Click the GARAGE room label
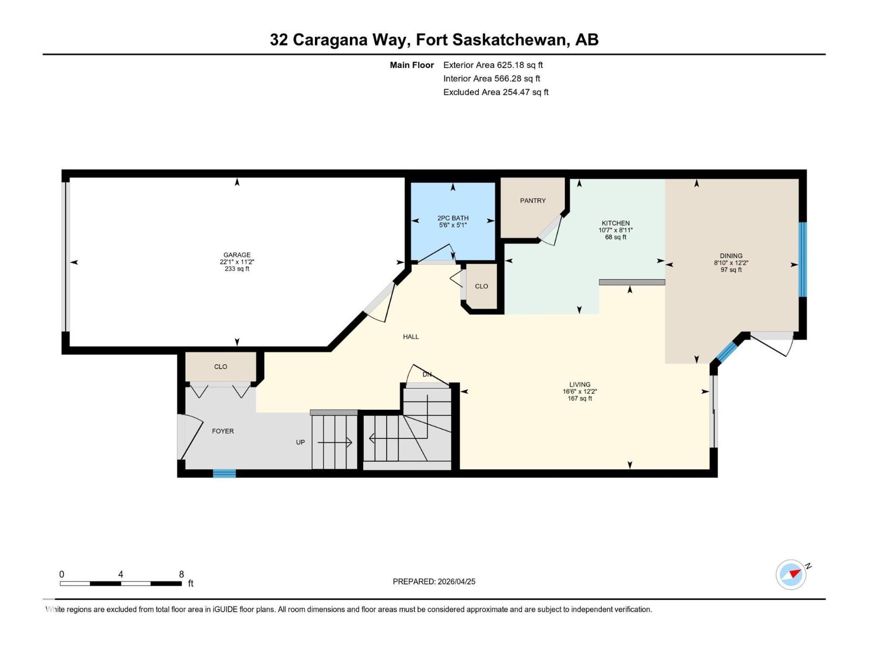237,255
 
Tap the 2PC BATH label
453,218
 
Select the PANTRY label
533,200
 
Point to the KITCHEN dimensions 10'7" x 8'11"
615,230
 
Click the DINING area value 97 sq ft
731,270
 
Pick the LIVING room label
580,384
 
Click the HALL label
411,337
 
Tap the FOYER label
223,431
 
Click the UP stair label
300,442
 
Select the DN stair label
427,374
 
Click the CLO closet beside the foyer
221,367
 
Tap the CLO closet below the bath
481,286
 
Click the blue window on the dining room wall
802,259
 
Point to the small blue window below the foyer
224,474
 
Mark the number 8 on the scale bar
181,574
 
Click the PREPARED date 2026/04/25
456,581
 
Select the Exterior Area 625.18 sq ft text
493,65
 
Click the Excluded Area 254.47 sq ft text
495,92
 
